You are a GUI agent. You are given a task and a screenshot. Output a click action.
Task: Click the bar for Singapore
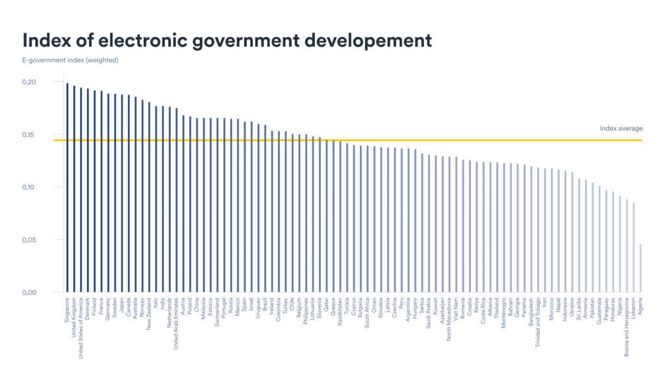(67, 188)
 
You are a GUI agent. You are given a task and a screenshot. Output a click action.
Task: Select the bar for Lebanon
(634, 247)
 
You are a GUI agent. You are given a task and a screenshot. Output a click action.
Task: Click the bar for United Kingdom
(74, 189)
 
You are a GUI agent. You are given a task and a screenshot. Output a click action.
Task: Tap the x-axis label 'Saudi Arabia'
(429, 314)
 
